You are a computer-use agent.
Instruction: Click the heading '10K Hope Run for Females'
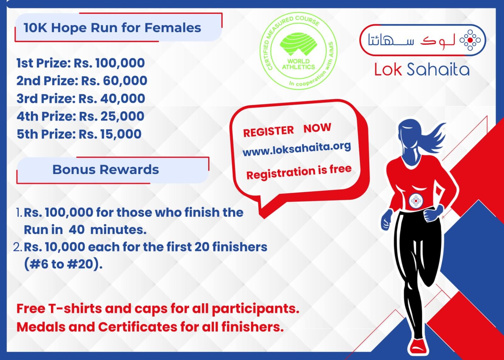point(112,28)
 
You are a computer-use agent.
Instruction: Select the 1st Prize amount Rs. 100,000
point(109,63)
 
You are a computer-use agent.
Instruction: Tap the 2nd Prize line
point(82,81)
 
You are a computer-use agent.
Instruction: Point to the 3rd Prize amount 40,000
point(123,98)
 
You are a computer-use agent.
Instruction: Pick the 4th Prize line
point(80,116)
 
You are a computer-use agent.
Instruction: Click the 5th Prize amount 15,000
point(121,134)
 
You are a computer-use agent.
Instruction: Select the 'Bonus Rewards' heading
point(106,170)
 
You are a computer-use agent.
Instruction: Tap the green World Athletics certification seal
point(298,51)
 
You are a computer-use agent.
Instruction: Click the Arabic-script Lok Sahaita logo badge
point(423,40)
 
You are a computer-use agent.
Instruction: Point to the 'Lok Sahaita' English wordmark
point(422,69)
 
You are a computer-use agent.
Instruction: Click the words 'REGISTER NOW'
point(287,130)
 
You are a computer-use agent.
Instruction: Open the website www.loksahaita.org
point(297,149)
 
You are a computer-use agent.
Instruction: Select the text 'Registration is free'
point(299,172)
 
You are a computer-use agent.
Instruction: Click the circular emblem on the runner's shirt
point(416,201)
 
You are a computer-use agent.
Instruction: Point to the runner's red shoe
point(418,346)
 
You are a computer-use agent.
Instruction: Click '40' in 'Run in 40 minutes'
point(77,230)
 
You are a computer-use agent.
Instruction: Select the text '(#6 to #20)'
point(63,264)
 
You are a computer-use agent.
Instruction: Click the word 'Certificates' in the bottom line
point(138,327)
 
